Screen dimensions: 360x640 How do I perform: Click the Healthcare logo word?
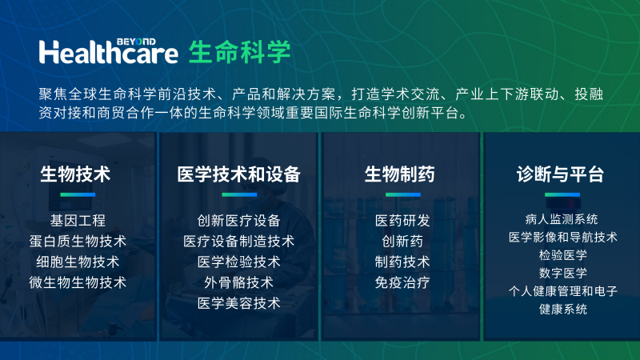[x=110, y=52]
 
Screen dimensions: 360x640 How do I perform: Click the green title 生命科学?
[x=240, y=51]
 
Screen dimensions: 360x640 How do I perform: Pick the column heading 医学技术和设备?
[x=238, y=174]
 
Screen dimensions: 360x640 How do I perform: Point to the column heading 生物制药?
[x=400, y=174]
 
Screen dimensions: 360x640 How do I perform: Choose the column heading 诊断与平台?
[x=560, y=174]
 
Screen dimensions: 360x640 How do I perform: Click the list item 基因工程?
[x=78, y=220]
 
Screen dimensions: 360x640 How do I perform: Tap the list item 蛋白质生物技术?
[x=78, y=241]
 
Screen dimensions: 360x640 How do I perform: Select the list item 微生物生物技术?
[x=78, y=282]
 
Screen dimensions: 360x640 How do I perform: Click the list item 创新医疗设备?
[x=238, y=220]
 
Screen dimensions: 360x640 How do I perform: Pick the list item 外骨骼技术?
[x=238, y=282]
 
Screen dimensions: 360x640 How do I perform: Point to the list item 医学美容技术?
[x=238, y=303]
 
